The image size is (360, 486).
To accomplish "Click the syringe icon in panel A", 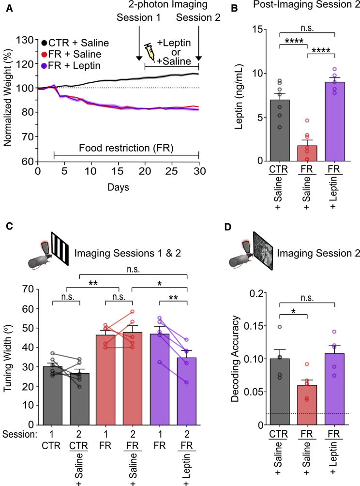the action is click(150, 52).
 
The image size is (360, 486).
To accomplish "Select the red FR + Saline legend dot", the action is click(44, 55).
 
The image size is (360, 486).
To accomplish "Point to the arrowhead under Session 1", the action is click(139, 58).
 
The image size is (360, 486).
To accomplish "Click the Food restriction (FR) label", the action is click(126, 148).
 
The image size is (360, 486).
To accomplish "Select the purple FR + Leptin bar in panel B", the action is click(334, 121).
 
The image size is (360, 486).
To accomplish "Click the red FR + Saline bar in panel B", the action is click(307, 153).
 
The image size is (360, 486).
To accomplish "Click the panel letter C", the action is click(9, 226).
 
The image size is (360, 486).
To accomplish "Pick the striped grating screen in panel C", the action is click(60, 249).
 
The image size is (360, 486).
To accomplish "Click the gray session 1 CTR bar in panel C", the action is click(52, 395).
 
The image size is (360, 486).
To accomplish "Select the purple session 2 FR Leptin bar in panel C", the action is click(186, 391).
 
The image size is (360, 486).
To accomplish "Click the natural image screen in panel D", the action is click(263, 251).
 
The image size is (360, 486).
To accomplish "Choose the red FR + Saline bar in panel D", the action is click(307, 405).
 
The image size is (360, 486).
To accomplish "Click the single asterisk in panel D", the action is click(293, 311).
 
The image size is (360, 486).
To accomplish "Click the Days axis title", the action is click(119, 187).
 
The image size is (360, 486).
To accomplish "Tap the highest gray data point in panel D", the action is click(280, 327).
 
